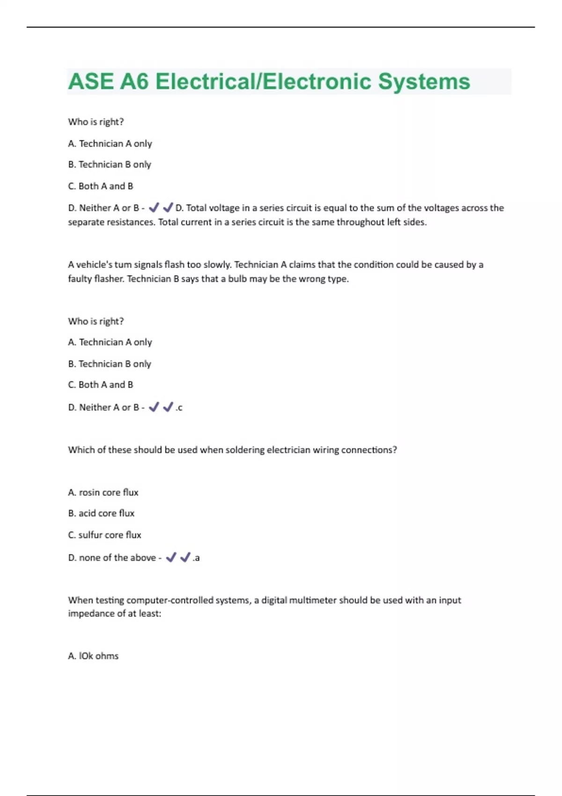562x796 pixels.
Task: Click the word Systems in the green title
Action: coord(424,81)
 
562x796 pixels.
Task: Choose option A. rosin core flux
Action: coord(103,493)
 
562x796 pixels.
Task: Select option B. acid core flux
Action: coord(101,513)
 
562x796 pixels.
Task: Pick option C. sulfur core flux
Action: coord(104,535)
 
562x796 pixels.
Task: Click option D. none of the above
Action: coord(112,558)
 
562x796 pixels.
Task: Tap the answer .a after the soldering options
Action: coord(196,558)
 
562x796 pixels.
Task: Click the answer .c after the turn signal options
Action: coord(179,408)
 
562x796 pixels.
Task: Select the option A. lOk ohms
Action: coord(93,656)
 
